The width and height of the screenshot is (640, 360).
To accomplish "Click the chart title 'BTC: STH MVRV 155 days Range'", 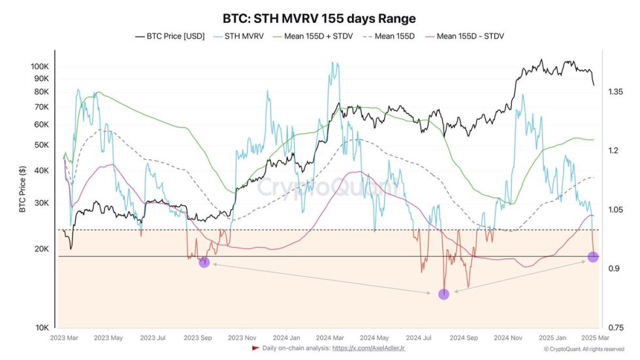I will (x=319, y=18).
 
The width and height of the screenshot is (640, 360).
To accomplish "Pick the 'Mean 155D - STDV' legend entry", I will (x=466, y=37).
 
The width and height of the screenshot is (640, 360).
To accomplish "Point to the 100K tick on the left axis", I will (x=40, y=67).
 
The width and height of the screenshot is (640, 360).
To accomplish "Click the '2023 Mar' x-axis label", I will (x=64, y=338).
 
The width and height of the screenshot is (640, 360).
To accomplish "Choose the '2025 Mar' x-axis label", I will (x=596, y=338).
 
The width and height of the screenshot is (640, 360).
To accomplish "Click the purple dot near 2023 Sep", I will (x=204, y=262).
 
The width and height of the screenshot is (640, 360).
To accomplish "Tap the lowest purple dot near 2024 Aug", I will (x=443, y=294).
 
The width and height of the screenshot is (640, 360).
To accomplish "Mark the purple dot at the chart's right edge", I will (x=593, y=257).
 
